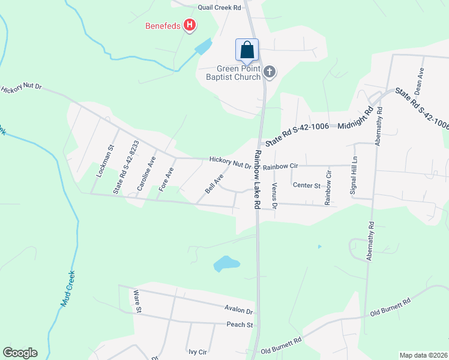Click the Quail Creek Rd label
(x=220, y=8)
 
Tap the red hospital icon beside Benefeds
(x=190, y=25)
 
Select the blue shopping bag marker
(x=247, y=50)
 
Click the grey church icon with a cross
(x=270, y=73)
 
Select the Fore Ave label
(x=170, y=179)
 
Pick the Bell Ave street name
(x=214, y=184)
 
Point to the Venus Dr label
(x=274, y=196)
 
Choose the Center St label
(x=306, y=185)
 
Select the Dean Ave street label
(x=421, y=78)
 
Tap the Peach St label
(x=240, y=325)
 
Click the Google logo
(x=20, y=353)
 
